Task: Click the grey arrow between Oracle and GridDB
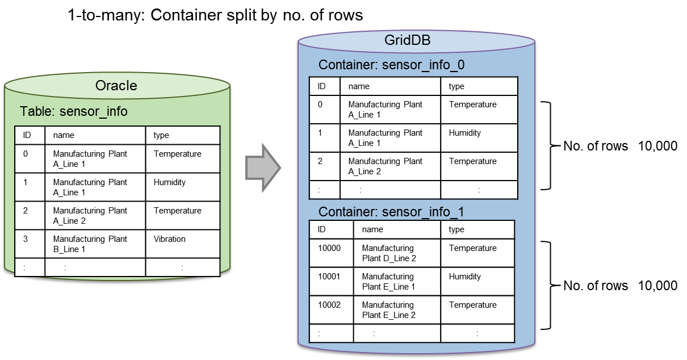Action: [263, 168]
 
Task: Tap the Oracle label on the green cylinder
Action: [116, 85]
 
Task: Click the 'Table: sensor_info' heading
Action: [74, 111]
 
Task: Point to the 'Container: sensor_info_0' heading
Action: [391, 65]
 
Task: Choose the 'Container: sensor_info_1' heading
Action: [391, 212]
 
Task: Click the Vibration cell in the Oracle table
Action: [170, 239]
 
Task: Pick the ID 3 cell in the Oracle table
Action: [26, 239]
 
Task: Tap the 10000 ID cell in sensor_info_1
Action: [329, 248]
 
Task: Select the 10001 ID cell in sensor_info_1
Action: [329, 277]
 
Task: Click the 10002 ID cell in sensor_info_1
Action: [329, 305]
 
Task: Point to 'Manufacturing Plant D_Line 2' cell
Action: [389, 253]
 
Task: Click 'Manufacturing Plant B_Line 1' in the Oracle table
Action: [90, 244]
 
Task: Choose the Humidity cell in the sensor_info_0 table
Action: [465, 133]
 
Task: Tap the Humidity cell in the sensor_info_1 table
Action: [465, 277]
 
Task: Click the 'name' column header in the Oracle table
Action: [64, 135]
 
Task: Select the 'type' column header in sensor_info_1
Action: [456, 229]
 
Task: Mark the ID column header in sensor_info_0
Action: [321, 86]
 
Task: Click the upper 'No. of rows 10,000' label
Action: [620, 146]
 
